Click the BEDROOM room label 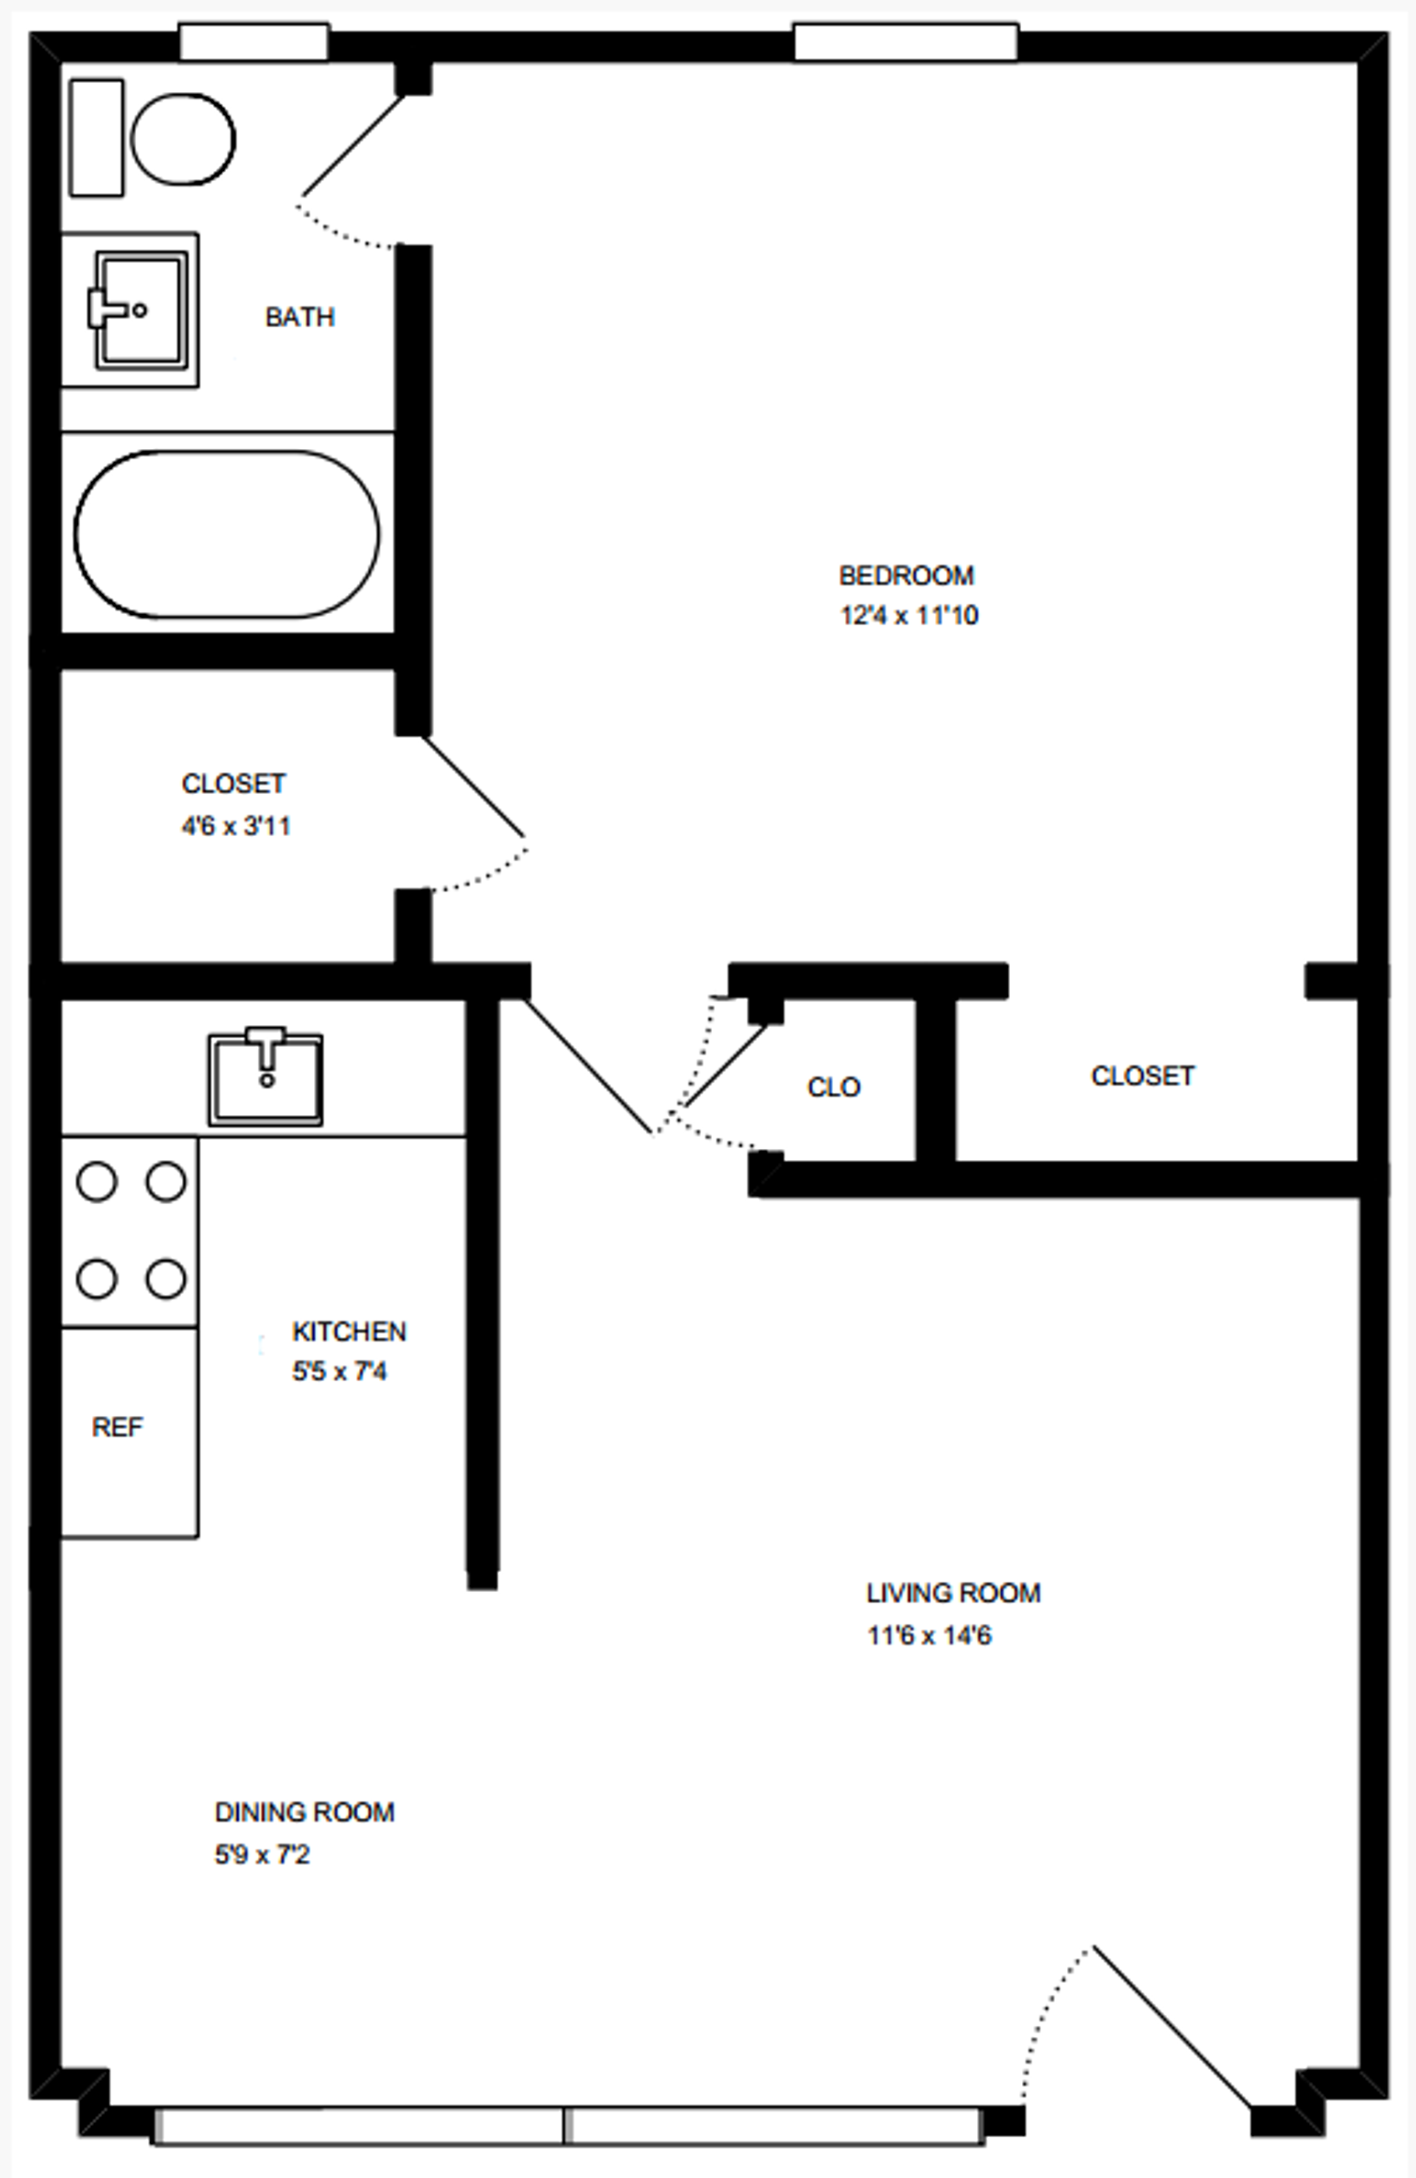pos(906,575)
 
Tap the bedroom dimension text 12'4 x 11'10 pos(909,615)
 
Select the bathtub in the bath pos(226,533)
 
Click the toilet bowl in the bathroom pos(183,139)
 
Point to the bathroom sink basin pos(141,309)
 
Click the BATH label pos(299,317)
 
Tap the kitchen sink pos(265,1078)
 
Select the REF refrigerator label pos(117,1427)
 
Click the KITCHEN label pos(348,1331)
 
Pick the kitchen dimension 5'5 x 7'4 pos(339,1371)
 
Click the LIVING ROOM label pos(953,1594)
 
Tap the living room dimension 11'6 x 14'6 pos(929,1634)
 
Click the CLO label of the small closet pos(833,1087)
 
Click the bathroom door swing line pos(353,145)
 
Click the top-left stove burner pos(97,1181)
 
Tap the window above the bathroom pos(253,43)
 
